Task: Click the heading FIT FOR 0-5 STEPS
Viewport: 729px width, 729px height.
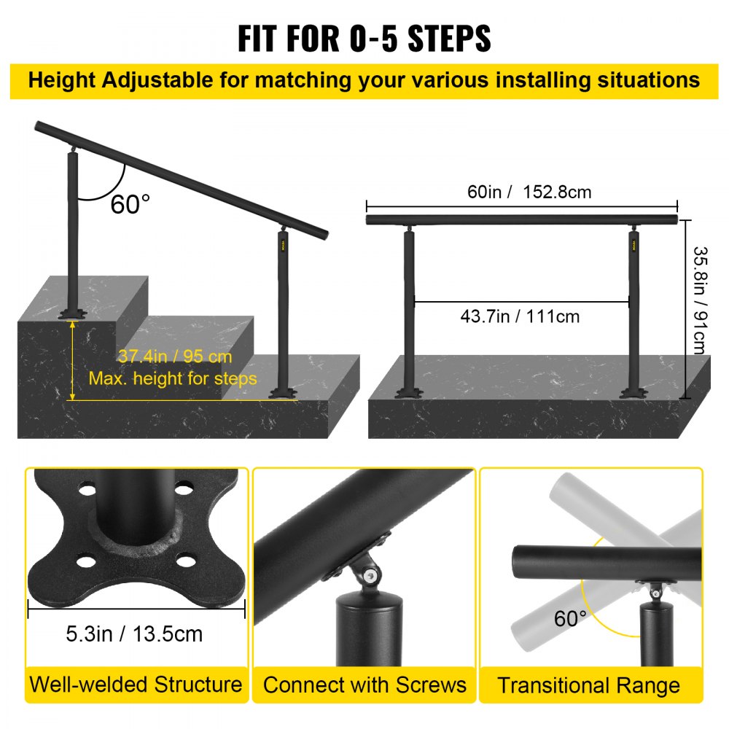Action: click(364, 38)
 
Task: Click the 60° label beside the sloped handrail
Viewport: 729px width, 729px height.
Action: click(130, 204)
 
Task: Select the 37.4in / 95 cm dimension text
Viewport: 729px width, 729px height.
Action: click(175, 356)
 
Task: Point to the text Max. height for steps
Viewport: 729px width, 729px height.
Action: click(173, 378)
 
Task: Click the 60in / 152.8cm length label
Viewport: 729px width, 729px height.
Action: click(519, 192)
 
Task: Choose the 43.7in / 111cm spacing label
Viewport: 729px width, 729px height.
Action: click(521, 316)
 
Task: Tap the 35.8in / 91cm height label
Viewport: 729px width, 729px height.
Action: click(699, 300)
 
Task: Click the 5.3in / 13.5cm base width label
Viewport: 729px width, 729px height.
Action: click(134, 634)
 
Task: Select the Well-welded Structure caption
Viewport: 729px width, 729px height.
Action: click(136, 685)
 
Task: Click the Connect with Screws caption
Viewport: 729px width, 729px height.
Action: click(364, 685)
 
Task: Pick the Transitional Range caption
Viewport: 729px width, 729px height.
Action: click(589, 686)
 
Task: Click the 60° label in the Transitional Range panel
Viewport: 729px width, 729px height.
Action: click(570, 619)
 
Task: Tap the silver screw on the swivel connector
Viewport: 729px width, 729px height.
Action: click(373, 577)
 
